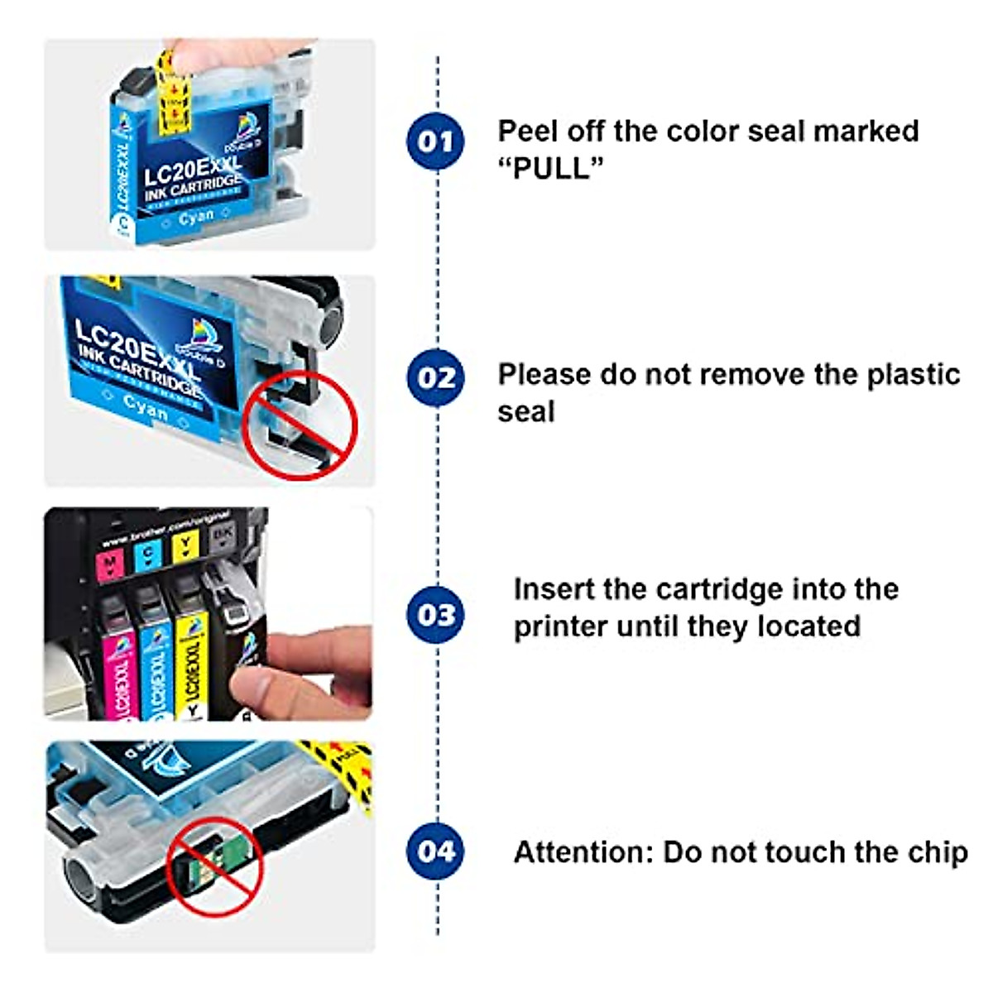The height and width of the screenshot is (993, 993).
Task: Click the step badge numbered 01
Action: pyautogui.click(x=435, y=142)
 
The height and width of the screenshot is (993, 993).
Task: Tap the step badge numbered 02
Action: pyautogui.click(x=435, y=378)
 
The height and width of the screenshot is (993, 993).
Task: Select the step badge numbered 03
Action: pyautogui.click(x=435, y=615)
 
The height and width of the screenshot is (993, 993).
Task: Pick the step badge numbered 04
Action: pyautogui.click(x=435, y=851)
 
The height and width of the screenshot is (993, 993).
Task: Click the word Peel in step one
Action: pyautogui.click(x=528, y=131)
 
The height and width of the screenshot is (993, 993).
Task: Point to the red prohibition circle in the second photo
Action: pyautogui.click(x=304, y=425)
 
